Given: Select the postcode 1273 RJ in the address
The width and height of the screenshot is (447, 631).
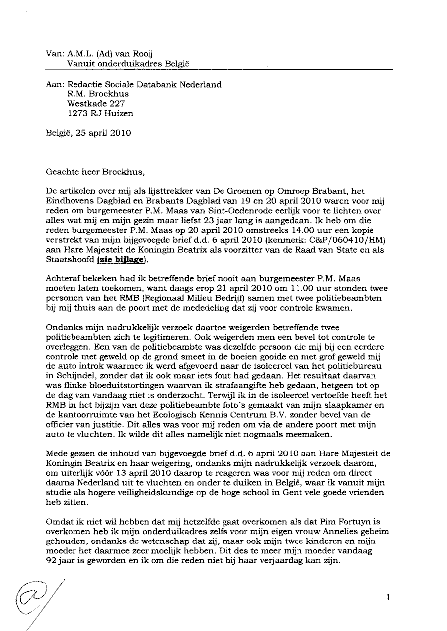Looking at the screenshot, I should pos(87,114).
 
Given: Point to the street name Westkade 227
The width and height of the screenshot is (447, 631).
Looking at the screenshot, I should pos(93,104).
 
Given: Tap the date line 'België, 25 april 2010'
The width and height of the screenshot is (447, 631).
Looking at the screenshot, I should pos(88,133).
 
